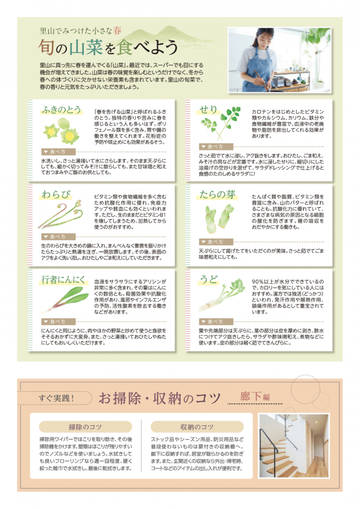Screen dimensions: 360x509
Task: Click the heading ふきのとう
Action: pyautogui.click(x=61, y=110)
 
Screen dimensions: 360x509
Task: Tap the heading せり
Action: pyautogui.click(x=208, y=110)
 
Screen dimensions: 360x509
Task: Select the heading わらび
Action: pyautogui.click(x=56, y=194)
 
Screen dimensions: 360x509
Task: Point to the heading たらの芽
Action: pyautogui.click(x=217, y=194)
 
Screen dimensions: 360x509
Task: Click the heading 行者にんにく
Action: pyautogui.click(x=63, y=280)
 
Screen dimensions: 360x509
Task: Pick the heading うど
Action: pyautogui.click(x=208, y=280)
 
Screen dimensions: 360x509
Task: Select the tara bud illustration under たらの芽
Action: pyautogui.click(x=219, y=218)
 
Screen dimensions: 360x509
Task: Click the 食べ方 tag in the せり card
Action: pyautogui.click(x=216, y=147)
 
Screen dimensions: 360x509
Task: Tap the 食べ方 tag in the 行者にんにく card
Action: pyautogui.click(x=58, y=321)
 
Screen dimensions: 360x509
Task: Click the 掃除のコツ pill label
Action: pyautogui.click(x=85, y=427)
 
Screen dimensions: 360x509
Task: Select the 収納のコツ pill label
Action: pyautogui.click(x=197, y=427)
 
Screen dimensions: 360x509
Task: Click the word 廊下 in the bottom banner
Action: pyautogui.click(x=250, y=396)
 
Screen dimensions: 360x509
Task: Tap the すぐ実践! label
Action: pyautogui.click(x=57, y=398)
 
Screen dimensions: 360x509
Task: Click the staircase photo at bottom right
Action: pyautogui.click(x=294, y=446)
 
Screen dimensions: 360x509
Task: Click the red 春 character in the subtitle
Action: pyautogui.click(x=117, y=31)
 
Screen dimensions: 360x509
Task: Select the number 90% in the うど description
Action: pyautogui.click(x=258, y=282)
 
